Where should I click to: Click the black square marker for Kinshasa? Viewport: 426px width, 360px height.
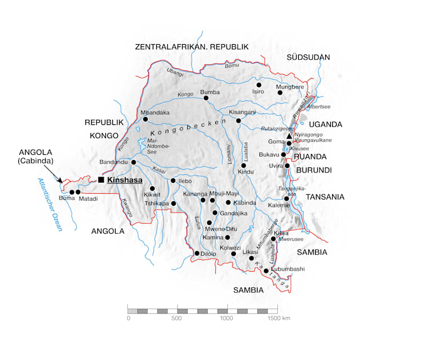pos(101,180)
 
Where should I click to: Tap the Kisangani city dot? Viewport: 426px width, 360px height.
pos(239,120)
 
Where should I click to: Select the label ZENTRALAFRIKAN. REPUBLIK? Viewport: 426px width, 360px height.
pos(192,47)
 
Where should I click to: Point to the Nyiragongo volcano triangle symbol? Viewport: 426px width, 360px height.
pos(290,136)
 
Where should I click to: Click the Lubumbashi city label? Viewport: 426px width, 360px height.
pos(289,269)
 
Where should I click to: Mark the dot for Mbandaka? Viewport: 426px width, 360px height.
pos(145,119)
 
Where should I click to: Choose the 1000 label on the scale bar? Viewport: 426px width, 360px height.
pos(227,318)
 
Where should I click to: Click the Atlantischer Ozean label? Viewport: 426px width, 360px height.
pos(50,205)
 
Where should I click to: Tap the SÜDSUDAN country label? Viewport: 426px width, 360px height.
pos(308,57)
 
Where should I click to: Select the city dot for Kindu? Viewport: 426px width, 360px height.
pos(243,165)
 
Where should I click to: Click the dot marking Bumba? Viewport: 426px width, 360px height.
pos(206,98)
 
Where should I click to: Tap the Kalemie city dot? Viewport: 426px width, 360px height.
pos(287,198)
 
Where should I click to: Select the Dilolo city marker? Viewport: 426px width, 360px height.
pos(197,253)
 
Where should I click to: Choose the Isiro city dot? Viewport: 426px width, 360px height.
pos(259,84)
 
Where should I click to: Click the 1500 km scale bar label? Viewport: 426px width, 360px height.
pos(279,318)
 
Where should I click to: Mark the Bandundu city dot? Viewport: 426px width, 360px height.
pos(133,162)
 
